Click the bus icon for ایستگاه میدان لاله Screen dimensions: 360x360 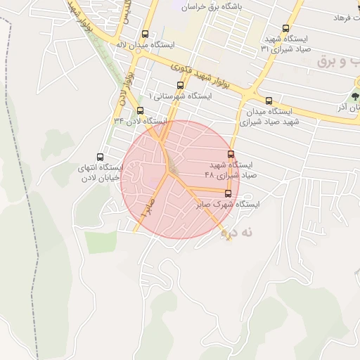[146, 34]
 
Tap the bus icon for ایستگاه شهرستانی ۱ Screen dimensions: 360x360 [181, 85]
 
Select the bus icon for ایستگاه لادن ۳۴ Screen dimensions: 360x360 [140, 110]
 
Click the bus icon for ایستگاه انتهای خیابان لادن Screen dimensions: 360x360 [99, 157]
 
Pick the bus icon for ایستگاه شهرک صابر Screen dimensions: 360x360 [228, 193]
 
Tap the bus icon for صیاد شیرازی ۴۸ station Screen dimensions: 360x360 [231, 155]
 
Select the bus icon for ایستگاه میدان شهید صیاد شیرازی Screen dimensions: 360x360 [269, 101]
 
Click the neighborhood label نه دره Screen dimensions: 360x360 [234, 231]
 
